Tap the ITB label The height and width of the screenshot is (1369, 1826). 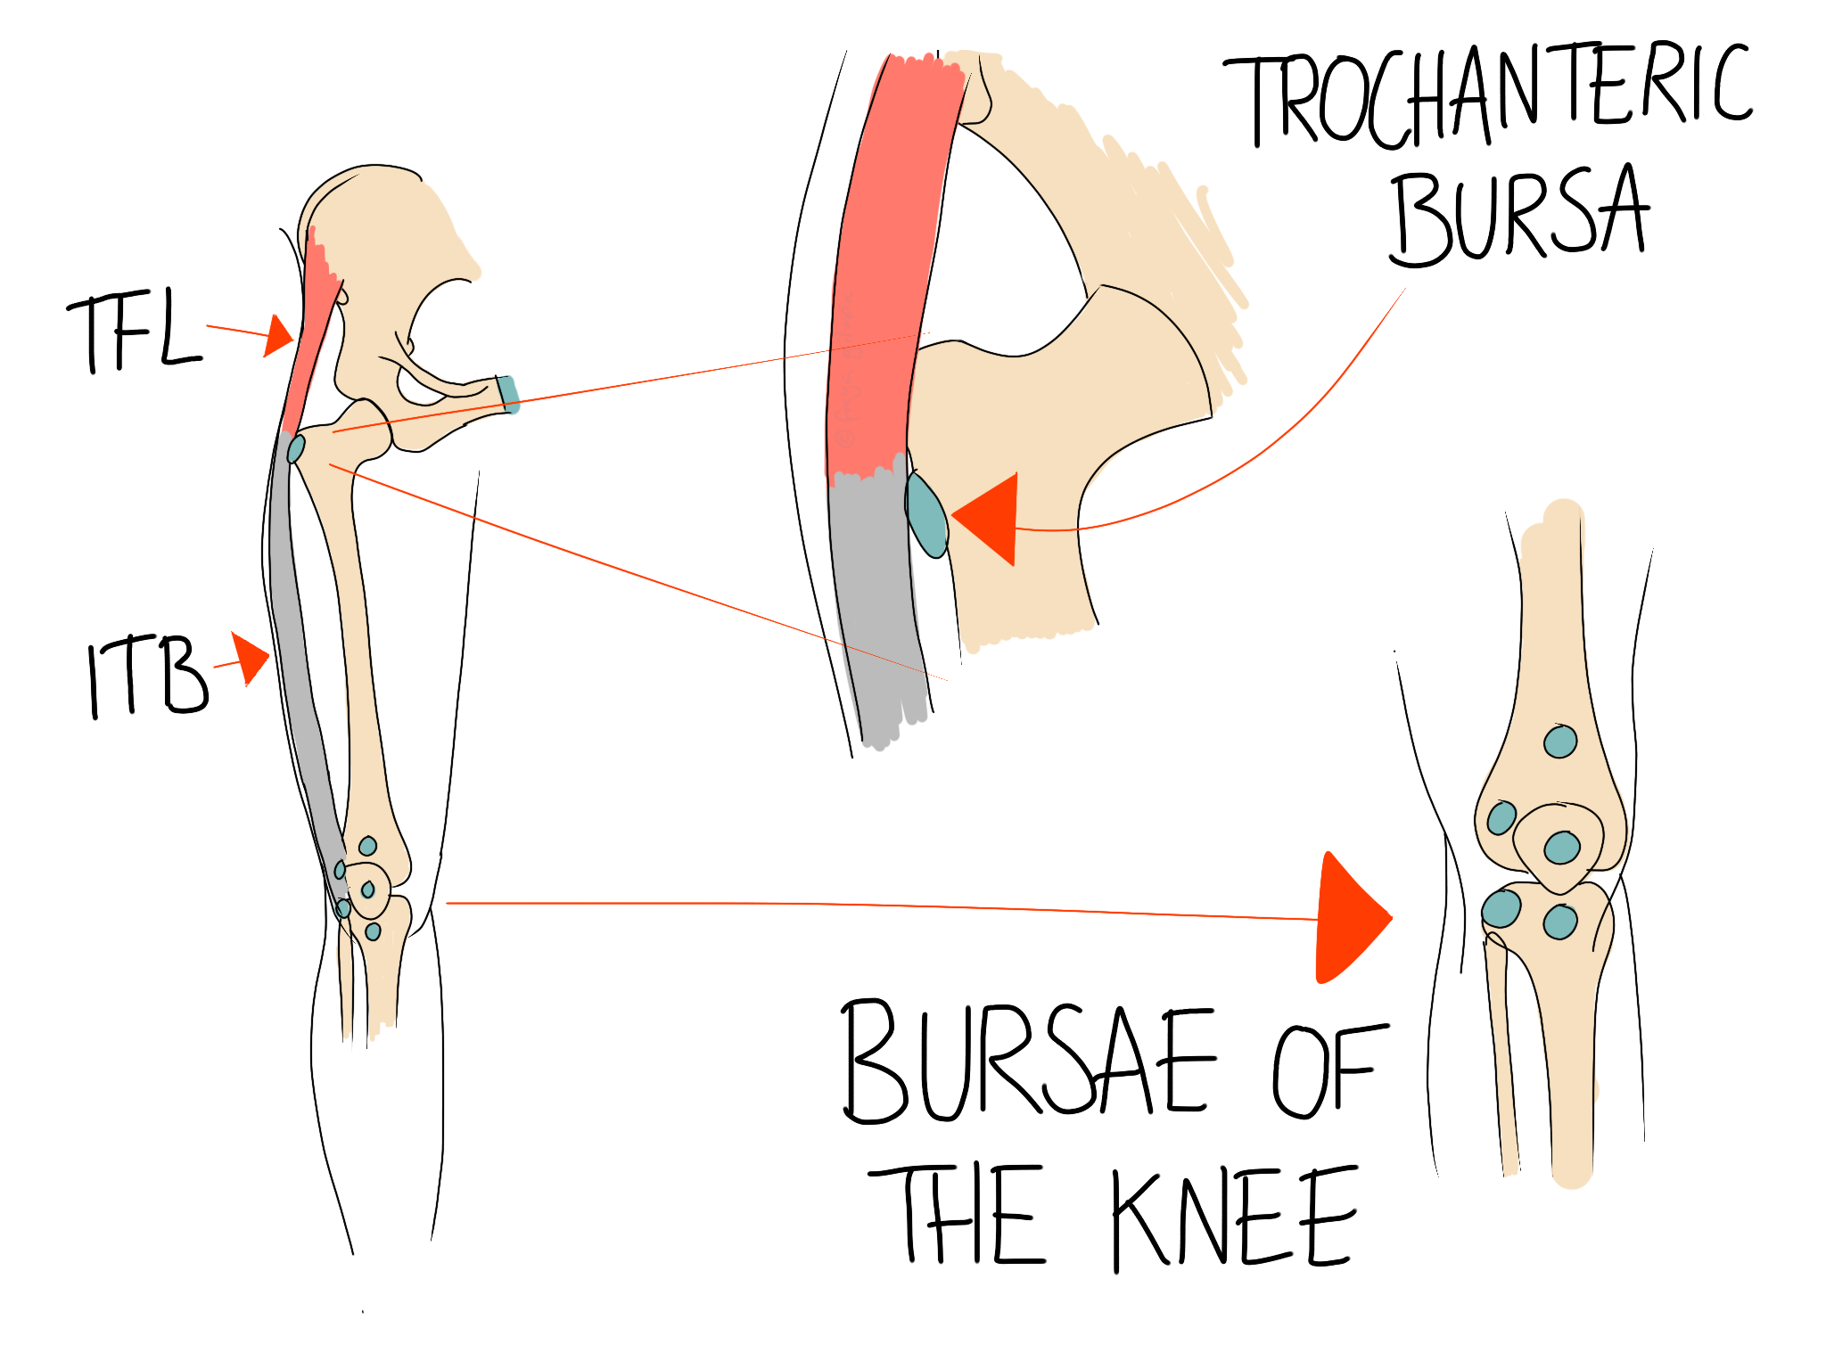point(147,677)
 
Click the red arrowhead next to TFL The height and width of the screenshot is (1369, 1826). point(279,336)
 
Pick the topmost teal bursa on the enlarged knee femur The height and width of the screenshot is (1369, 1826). point(1560,741)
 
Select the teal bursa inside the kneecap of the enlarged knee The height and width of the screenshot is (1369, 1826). point(1562,847)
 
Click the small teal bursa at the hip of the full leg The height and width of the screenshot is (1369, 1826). point(296,448)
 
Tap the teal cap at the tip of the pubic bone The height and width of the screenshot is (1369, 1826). point(508,394)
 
